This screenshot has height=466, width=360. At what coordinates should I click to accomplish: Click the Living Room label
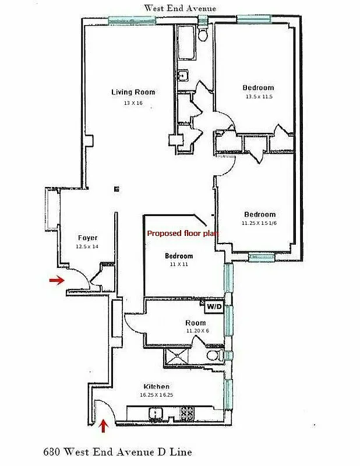(133, 92)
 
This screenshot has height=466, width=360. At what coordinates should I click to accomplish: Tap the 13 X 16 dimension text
(133, 103)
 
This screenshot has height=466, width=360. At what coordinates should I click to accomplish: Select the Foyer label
(87, 238)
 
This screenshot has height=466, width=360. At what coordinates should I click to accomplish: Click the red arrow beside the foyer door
(57, 281)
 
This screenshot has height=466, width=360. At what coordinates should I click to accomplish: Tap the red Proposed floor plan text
(182, 234)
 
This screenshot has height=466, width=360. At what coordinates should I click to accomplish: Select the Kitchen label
(157, 386)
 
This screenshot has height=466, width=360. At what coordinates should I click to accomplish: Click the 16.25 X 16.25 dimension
(157, 395)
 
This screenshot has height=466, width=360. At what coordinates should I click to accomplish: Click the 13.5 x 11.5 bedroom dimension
(258, 97)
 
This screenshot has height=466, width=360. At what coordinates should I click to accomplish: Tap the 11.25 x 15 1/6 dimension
(259, 223)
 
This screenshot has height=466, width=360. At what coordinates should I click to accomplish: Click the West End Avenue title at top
(180, 8)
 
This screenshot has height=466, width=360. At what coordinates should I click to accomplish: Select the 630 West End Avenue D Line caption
(117, 451)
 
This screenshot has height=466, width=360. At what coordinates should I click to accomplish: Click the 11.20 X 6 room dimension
(197, 331)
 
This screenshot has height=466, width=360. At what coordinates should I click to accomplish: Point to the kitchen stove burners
(187, 413)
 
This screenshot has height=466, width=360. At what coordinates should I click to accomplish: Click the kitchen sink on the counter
(156, 414)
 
